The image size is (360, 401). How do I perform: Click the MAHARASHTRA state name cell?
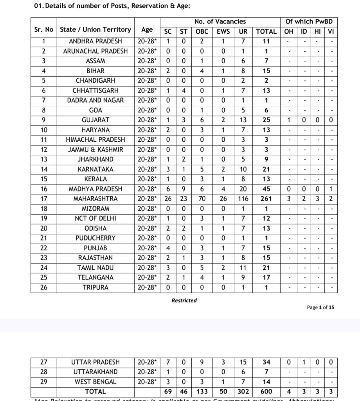95,199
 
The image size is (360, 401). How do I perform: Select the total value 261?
266,199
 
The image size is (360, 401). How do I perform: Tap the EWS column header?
223,31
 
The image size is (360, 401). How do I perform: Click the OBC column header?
202,31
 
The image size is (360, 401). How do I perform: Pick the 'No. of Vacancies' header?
220,22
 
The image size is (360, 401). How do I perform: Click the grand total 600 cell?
266,391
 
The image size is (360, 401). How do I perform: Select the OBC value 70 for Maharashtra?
202,199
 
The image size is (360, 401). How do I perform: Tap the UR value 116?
243,199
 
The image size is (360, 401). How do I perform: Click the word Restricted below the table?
184,300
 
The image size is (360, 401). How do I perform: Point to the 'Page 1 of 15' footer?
320,307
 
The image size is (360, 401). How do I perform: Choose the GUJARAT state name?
95,120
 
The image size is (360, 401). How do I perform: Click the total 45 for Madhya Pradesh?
266,189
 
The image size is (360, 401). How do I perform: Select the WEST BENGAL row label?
95,381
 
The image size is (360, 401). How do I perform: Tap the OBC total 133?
202,391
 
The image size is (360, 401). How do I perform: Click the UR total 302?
243,391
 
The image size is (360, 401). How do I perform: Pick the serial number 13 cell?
44,159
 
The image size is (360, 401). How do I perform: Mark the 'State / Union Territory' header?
95,30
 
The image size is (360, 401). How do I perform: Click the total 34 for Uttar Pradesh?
266,362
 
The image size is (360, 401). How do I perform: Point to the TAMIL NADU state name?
95,268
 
